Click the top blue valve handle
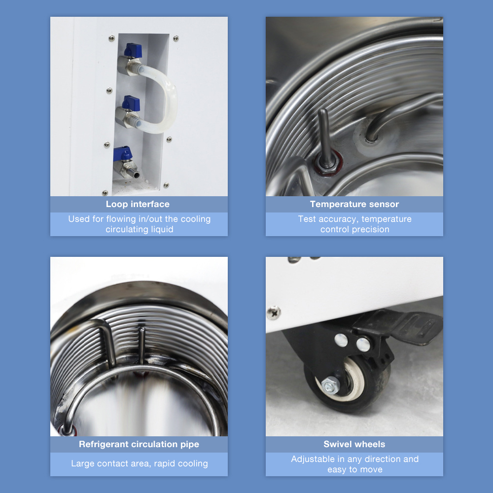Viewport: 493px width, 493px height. tap(133, 50)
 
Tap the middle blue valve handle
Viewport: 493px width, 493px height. tap(132, 103)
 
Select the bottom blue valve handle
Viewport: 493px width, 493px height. tap(122, 153)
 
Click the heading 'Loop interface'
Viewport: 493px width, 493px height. tap(138, 204)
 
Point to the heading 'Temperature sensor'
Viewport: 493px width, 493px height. tap(354, 204)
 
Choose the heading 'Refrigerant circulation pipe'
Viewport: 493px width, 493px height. tap(139, 444)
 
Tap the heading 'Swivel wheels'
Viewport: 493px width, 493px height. tap(354, 444)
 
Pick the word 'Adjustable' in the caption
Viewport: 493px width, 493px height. tap(313, 459)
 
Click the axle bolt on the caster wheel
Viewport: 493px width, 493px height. tap(330, 384)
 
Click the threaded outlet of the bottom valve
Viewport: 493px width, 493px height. tap(132, 174)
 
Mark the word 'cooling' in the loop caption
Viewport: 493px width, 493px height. tap(195, 219)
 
